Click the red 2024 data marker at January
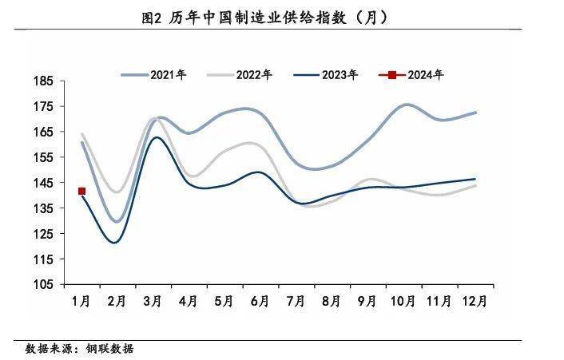(81, 191)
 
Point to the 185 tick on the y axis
(45, 81)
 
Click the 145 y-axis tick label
(45, 183)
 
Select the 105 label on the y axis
(45, 284)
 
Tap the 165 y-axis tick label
(45, 132)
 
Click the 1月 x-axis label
(81, 301)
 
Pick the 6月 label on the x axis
(260, 301)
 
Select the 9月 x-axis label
(367, 301)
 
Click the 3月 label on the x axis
(153, 301)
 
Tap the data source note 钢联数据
(80, 349)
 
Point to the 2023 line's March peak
(157, 137)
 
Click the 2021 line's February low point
(117, 221)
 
